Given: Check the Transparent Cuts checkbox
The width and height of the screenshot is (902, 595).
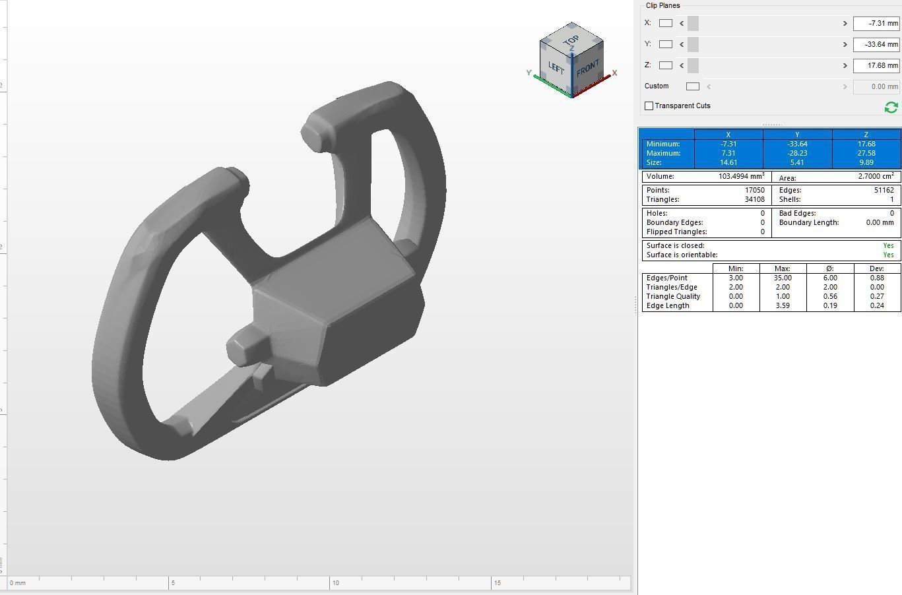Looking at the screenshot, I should pos(649,106).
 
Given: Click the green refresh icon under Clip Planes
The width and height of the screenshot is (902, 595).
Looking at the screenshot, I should pos(891,107).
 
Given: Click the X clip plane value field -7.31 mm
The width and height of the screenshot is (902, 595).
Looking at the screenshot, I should pos(876,24).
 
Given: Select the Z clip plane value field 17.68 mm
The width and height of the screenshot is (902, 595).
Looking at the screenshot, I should pos(876,66).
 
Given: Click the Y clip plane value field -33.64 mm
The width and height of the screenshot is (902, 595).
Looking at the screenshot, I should pos(876,45).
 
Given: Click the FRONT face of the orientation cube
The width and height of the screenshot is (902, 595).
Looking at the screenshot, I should pos(587,69).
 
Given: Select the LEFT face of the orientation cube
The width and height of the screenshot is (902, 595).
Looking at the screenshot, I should pos(556,68).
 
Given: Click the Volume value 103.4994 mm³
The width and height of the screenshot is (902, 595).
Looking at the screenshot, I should pos(741,177).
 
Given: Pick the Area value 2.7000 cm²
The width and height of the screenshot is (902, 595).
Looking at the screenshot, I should pos(876,177).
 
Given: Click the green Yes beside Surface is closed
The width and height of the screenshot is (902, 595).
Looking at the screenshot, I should pos(888,245).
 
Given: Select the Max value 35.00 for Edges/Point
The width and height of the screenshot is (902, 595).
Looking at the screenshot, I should pos(783,278).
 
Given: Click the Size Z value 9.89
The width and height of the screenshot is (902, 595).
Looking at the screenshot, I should pos(866,162).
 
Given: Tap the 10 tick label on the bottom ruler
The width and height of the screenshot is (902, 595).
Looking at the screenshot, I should pos(335,583).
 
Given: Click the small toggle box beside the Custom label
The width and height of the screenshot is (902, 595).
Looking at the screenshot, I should pos(692,86).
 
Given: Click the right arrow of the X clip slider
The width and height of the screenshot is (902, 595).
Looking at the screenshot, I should pos(845,24).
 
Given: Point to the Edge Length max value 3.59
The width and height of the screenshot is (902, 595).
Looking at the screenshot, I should pos(783,305).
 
